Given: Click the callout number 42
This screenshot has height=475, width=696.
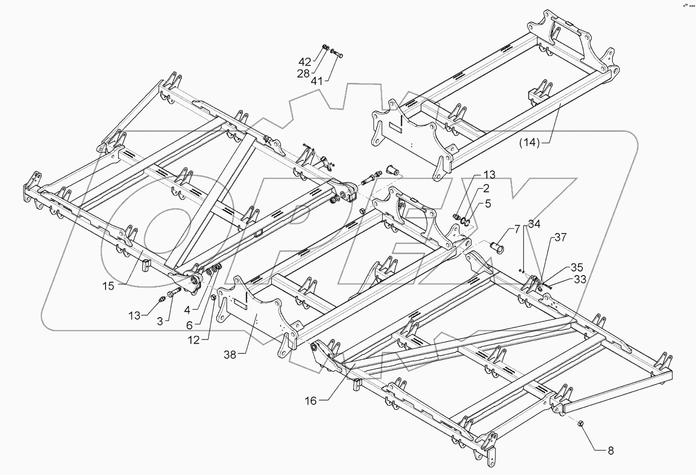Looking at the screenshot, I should tap(305, 62).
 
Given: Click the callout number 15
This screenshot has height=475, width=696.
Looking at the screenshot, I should tap(108, 286).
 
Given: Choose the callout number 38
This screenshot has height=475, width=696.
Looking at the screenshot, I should tap(230, 355).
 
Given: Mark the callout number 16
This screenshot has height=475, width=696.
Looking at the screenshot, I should tap(310, 401).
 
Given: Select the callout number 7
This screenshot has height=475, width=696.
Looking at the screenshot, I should tap(517, 229).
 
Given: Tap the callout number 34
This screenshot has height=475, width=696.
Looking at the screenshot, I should tap(534, 224).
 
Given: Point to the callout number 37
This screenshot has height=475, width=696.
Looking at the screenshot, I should tap(560, 237).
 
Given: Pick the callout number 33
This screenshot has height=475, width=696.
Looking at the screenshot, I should tap(580, 279).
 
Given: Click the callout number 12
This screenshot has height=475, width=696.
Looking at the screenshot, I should tap(193, 341).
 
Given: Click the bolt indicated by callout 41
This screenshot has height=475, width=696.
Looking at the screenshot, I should tap(337, 53).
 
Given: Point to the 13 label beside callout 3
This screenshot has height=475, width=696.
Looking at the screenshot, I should tap(135, 316).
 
